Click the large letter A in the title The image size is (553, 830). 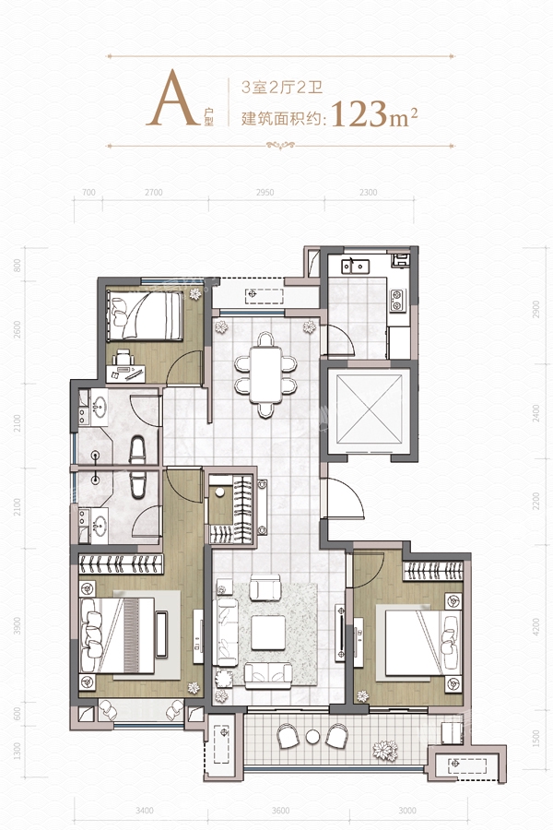pos(172,99)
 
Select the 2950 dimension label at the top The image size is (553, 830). pos(265,193)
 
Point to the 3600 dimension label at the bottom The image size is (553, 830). pos(280,811)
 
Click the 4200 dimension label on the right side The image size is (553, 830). pos(536,626)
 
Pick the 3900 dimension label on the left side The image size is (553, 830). pos(18,625)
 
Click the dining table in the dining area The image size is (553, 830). pos(265,374)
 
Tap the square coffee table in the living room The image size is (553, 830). pos(268,633)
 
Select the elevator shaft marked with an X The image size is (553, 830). pos(370,409)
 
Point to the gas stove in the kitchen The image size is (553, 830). pos(397,300)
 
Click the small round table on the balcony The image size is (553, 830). pos(312,736)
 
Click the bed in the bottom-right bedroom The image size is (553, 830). pos(418,643)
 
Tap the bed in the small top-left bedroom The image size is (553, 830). pos(145,316)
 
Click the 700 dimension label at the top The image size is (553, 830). pos(88,193)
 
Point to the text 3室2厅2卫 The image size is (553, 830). pos(282,87)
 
